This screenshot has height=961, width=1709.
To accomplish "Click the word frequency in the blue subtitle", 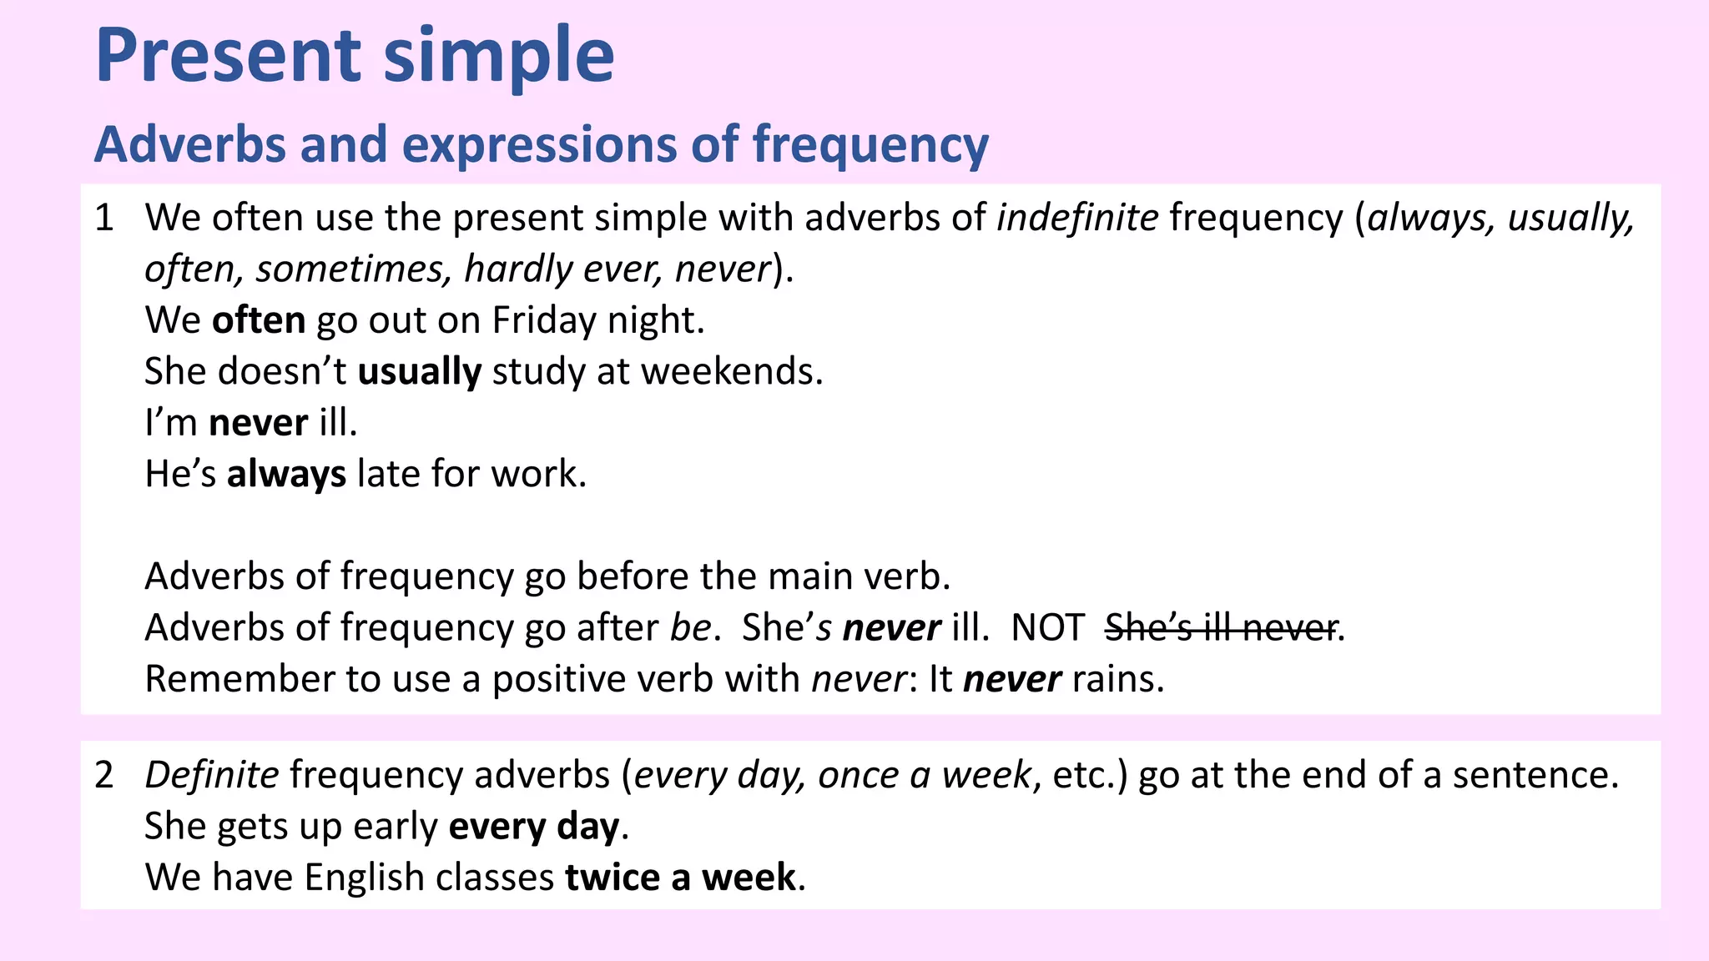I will coord(870,145).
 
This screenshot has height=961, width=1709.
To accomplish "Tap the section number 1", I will coord(104,219).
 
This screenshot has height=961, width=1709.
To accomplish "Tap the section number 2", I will coord(104,776).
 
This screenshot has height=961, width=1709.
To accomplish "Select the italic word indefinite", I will coord(1077,219).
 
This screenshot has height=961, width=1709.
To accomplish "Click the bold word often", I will coord(259,321).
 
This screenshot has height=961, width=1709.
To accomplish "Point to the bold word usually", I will coord(420,372).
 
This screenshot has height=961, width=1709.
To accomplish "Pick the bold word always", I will coord(286,475).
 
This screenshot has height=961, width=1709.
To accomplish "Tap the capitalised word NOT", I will coord(1047,628).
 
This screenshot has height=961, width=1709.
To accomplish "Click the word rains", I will coord(1117,680).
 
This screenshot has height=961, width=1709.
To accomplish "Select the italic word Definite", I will coord(212,776).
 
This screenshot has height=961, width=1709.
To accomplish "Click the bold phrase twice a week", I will coord(680,878).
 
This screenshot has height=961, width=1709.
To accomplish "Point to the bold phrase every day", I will coord(534,828).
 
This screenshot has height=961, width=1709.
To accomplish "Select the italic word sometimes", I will coord(354,269).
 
